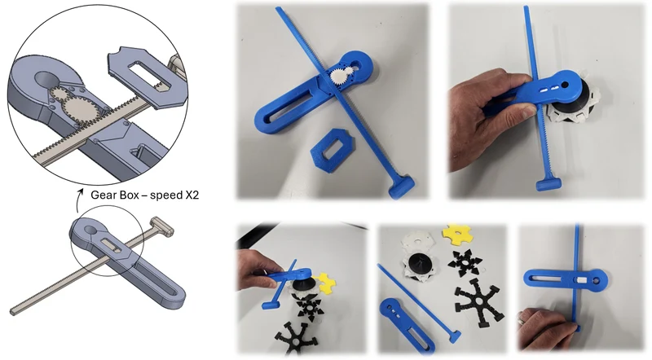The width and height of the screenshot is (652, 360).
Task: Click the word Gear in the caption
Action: pyautogui.click(x=101, y=195)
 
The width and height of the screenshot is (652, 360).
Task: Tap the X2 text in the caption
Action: pyautogui.click(x=190, y=195)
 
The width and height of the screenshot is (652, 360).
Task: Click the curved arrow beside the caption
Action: pyautogui.click(x=79, y=197)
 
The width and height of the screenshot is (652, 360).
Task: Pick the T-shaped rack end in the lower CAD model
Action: pyautogui.click(x=162, y=225)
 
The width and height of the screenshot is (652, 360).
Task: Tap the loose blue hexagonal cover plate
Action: pyautogui.click(x=333, y=149)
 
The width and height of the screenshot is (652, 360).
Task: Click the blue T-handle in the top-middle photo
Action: pyautogui.click(x=402, y=186)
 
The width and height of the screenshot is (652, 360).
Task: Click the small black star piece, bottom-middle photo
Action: pyautogui.click(x=465, y=263)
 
